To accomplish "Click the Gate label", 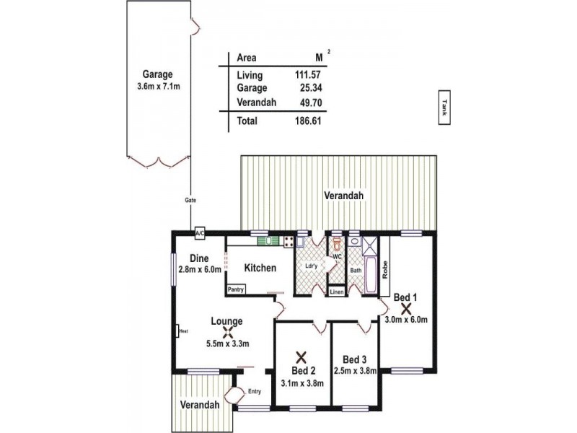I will (190, 200).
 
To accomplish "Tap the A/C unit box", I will (200, 234).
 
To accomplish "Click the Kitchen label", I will (260, 268).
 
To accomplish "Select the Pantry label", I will (236, 290).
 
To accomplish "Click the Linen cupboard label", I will (337, 292).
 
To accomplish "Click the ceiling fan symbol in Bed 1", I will (405, 307).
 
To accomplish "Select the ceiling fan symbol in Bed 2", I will (301, 356).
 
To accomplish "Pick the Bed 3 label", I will (355, 359).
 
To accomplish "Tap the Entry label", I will (254, 392).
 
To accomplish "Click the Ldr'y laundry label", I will (311, 265).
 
